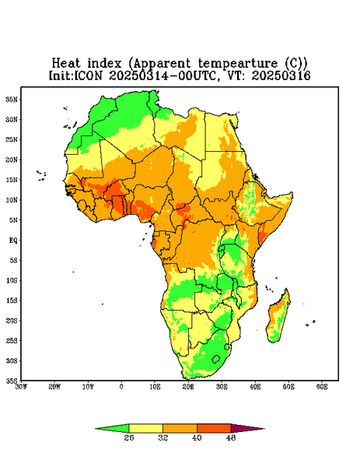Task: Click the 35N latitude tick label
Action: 12,99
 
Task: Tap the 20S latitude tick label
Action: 12,321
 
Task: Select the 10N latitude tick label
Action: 12,200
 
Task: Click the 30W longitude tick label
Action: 21,387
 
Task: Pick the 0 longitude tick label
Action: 121,387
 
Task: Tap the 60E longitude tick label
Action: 322,387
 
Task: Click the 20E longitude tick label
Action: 188,387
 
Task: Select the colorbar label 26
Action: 129,437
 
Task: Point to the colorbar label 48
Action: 231,437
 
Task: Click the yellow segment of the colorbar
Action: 145,428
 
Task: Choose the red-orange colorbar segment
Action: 214,428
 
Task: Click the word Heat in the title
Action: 66,64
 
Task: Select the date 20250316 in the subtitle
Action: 281,75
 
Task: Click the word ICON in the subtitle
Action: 88,75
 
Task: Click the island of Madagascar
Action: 279,316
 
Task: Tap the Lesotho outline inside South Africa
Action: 216,359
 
